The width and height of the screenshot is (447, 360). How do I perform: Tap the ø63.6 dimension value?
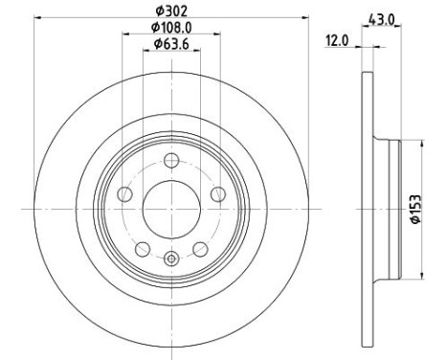click(x=169, y=45)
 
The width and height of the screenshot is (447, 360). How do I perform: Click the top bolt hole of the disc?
click(x=171, y=161)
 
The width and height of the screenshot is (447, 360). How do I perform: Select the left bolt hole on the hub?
click(x=124, y=195)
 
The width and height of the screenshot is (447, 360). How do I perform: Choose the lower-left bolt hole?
click(x=143, y=249)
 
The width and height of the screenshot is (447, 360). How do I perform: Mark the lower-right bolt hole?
click(x=200, y=249)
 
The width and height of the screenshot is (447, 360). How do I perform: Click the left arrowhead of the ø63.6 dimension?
click(x=145, y=52)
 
